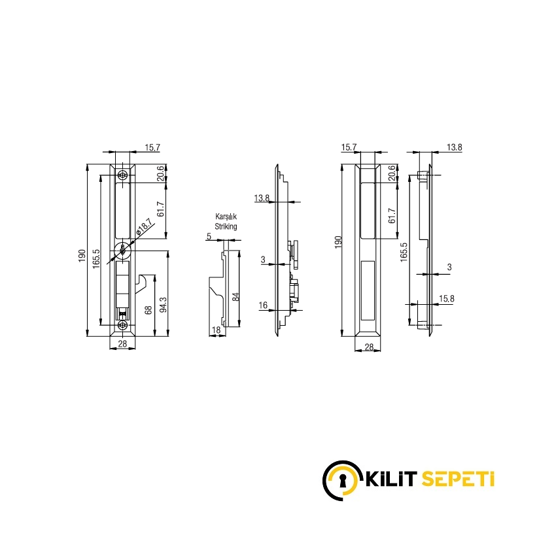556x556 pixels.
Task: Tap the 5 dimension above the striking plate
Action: tap(209, 236)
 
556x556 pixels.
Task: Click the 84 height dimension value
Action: tap(236, 296)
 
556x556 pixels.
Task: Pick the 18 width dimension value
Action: tap(216, 331)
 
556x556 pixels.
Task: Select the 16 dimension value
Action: tap(263, 305)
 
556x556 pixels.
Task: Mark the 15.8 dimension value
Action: tap(447, 299)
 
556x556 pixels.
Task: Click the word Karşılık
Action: tap(226, 217)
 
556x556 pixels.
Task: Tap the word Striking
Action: tap(226, 226)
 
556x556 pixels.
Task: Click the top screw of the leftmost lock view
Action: tap(123, 175)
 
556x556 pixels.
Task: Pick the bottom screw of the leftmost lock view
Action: tap(123, 325)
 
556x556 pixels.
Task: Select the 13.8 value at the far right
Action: tap(455, 147)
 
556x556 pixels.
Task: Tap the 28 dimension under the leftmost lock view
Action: tap(122, 343)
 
